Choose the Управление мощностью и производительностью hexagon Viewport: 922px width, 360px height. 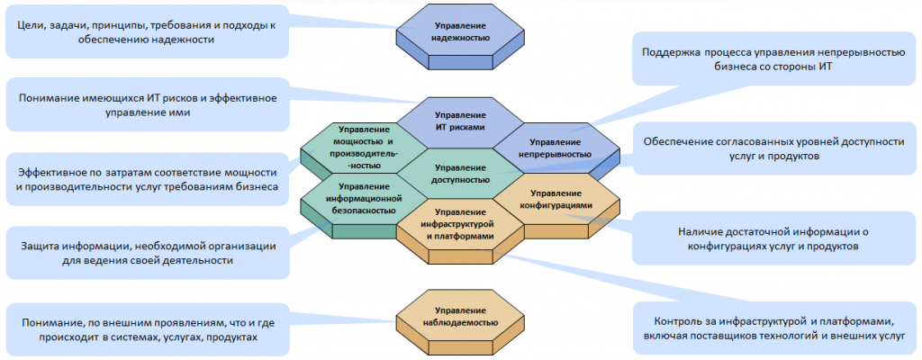[x=361, y=146]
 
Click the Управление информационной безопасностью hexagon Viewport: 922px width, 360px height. [x=361, y=199]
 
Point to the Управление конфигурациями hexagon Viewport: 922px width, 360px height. [x=556, y=199]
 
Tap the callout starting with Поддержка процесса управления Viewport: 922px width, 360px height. [x=773, y=59]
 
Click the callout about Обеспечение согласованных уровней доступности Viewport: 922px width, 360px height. [x=773, y=148]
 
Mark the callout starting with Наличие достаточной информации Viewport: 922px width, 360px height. [x=773, y=238]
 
